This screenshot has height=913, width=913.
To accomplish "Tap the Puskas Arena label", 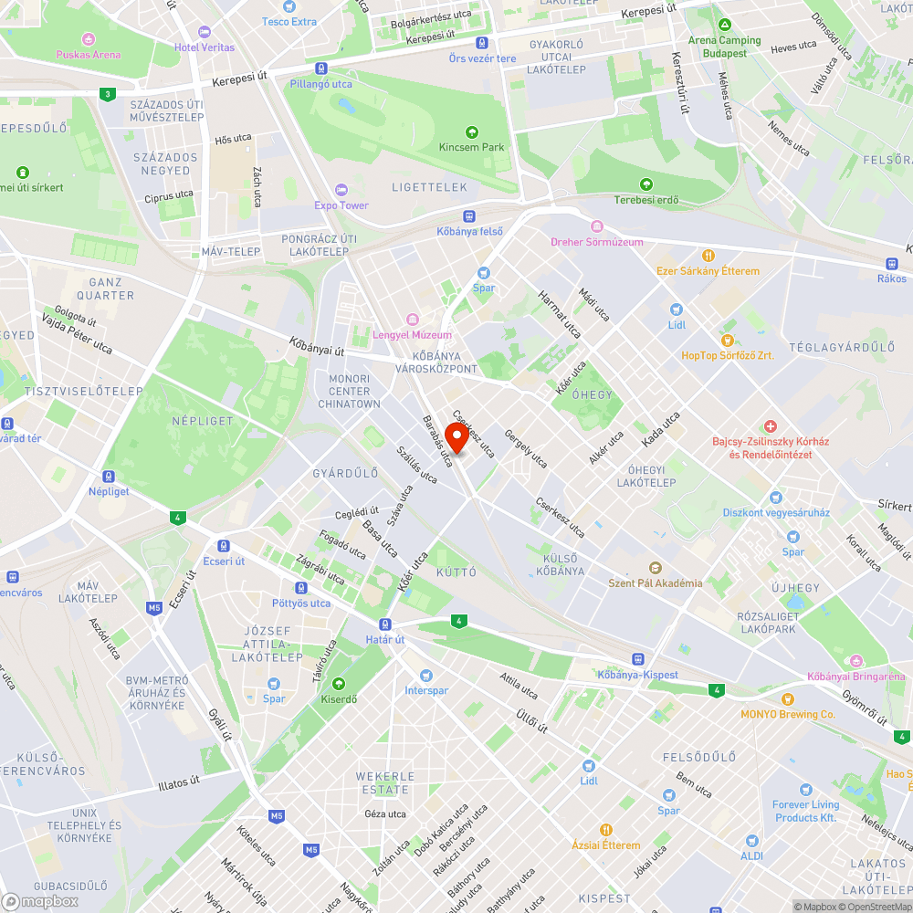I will (x=88, y=55).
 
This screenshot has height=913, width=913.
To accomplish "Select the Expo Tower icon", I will (x=341, y=189).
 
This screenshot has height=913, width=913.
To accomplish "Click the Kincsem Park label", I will (x=471, y=147).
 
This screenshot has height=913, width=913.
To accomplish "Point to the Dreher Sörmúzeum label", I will (x=596, y=242).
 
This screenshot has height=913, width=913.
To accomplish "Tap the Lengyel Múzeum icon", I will (x=412, y=319).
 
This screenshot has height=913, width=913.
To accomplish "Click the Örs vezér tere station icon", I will (x=481, y=42).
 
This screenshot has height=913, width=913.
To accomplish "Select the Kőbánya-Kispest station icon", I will (x=637, y=658).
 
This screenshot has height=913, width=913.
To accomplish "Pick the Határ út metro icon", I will (x=385, y=624).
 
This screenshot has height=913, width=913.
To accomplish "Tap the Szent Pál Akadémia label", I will (x=656, y=582).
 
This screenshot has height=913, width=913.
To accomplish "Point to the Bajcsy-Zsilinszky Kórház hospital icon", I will (x=770, y=426).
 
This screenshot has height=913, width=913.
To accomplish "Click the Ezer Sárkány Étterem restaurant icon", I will (x=707, y=256).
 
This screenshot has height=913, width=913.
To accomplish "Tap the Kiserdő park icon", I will (x=339, y=683).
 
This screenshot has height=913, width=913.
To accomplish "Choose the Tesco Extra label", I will (x=289, y=22).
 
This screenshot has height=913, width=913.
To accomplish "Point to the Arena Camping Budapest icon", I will (x=724, y=24).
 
